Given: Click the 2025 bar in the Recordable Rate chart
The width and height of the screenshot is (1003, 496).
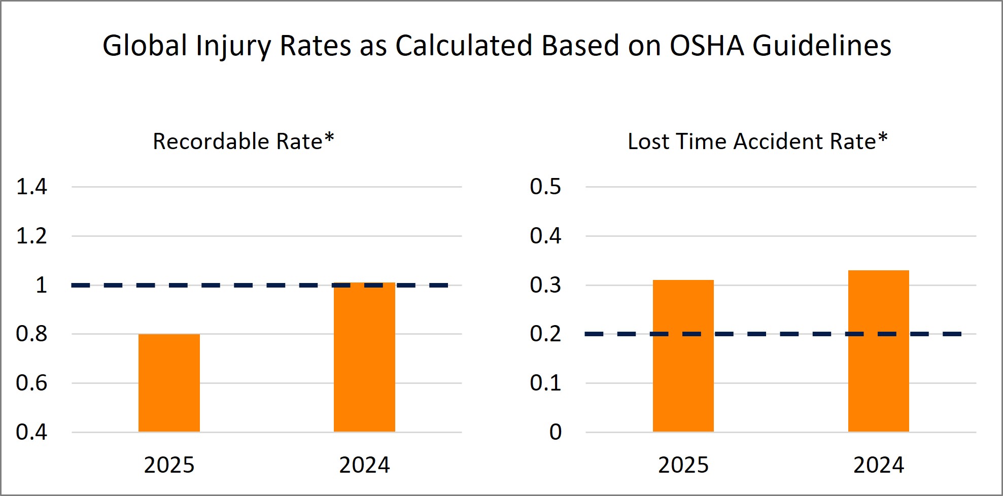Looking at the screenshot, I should coord(169,383).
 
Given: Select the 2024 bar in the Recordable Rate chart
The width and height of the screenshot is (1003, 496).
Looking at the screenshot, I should coord(364,357).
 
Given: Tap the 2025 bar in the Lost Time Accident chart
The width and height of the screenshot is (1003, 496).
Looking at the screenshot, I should coord(683,356).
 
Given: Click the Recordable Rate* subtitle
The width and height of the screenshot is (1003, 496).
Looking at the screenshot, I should coord(244,141).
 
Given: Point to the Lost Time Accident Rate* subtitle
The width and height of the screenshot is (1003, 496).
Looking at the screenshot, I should coord(757,141).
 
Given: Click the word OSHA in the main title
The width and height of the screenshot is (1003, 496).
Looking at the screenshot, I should coord(706,46).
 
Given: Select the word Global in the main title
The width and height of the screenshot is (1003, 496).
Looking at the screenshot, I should coord(145,46).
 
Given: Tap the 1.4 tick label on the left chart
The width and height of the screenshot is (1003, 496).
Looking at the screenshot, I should coord(31,187).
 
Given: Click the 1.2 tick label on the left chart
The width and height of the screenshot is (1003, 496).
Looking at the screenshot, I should coord(31,236).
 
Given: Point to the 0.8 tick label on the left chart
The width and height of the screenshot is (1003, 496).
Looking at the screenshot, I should coord(31,334).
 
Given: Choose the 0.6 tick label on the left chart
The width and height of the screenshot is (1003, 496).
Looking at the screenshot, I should coord(31,383).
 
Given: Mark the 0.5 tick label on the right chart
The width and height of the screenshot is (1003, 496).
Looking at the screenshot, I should coord(545,187).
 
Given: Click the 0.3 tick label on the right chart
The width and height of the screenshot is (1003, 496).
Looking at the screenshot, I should coord(545,285).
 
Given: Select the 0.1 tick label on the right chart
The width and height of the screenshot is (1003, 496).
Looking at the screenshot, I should coord(545,383).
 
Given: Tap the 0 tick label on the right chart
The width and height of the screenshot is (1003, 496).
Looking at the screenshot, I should coord(556,432).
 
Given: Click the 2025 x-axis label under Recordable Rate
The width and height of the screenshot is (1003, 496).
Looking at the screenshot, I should coord(169,465).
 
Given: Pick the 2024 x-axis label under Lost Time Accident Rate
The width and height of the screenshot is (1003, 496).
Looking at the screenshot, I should coord(878,465).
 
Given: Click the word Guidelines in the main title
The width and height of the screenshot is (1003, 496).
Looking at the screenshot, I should coord(821,46).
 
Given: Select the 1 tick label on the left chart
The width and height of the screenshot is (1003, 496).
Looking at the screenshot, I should coord(41,285).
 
